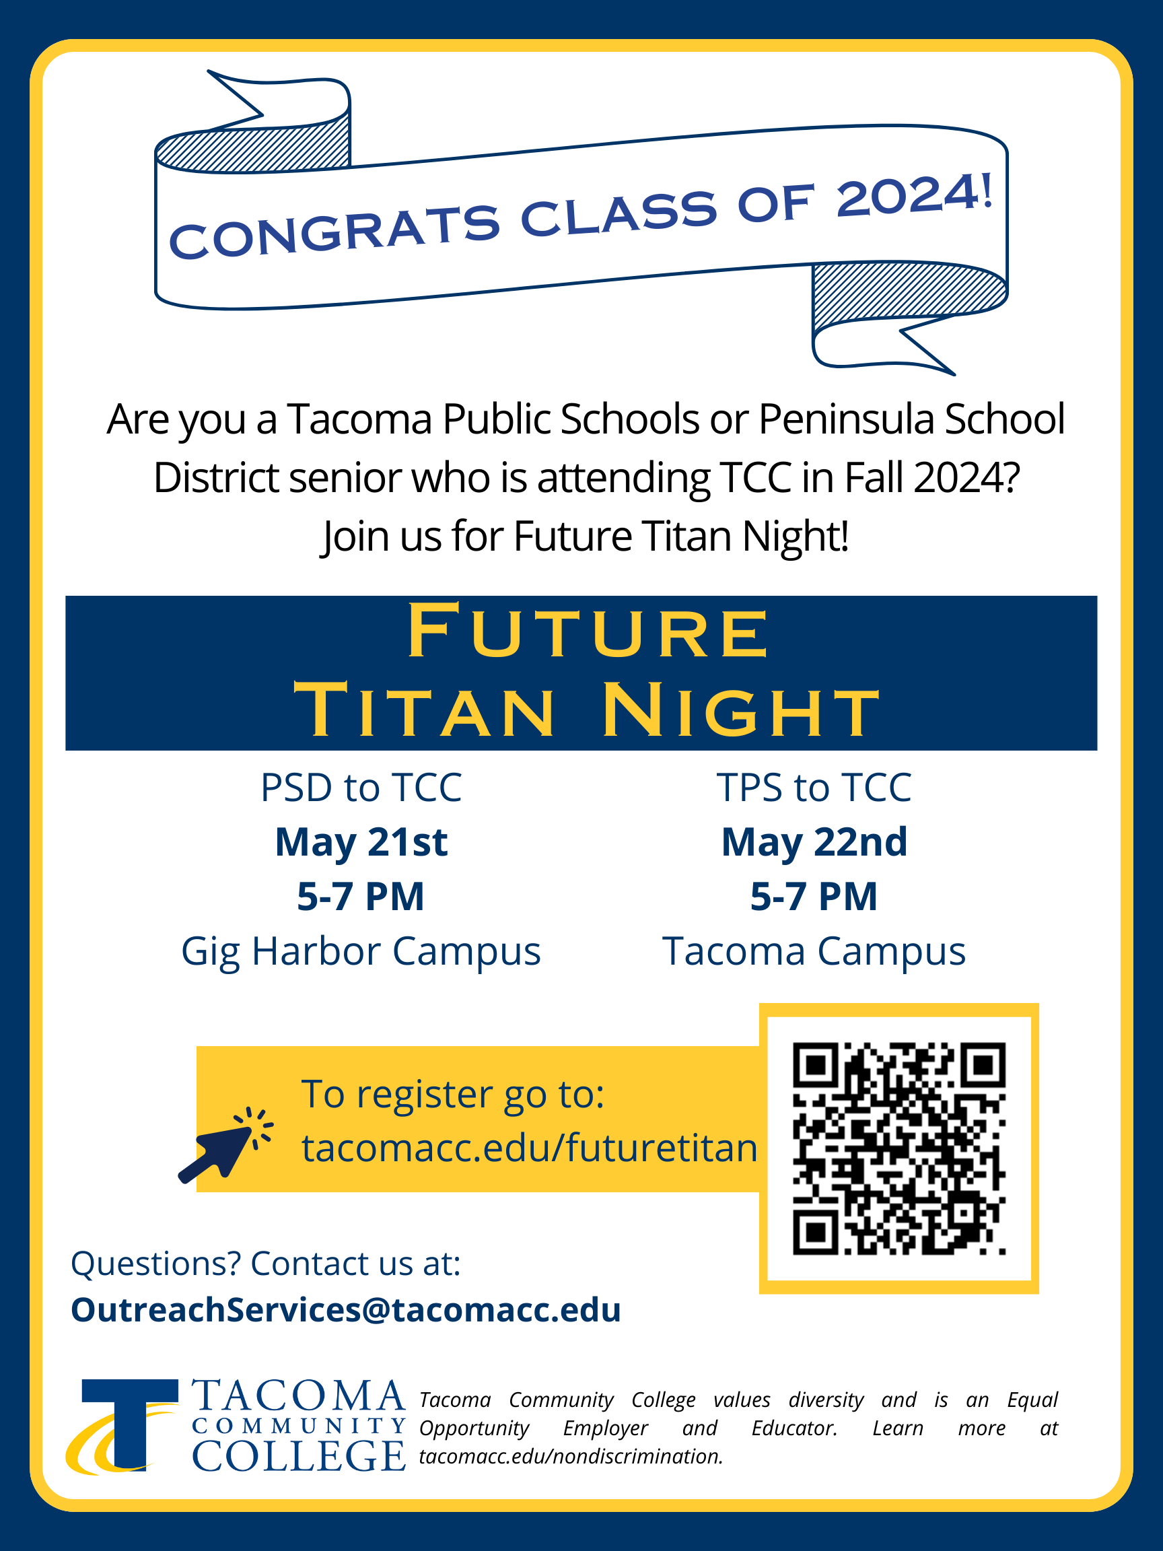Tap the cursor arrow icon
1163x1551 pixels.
225,1144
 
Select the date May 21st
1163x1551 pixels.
361,842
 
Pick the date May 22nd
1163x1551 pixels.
814,842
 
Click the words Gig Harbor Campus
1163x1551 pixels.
361,951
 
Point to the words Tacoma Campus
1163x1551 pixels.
814,951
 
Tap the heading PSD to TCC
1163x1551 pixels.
361,788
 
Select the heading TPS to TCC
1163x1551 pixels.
814,788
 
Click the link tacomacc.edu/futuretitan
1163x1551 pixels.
530,1148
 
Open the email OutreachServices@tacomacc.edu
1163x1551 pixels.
347,1310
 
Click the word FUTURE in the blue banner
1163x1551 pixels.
588,631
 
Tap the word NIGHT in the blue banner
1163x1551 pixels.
740,711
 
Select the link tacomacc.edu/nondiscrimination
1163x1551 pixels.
571,1456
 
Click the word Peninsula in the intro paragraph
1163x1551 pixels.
847,419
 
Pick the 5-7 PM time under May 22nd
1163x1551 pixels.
814,897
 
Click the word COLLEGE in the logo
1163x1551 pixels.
299,1455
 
